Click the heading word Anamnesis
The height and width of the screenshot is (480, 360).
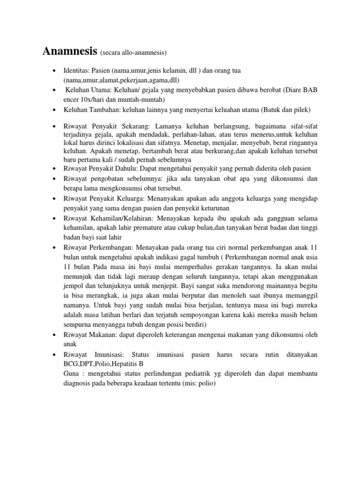[69, 51]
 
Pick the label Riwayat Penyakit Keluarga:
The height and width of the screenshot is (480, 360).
[102, 199]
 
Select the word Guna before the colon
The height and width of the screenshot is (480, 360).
[73, 373]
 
